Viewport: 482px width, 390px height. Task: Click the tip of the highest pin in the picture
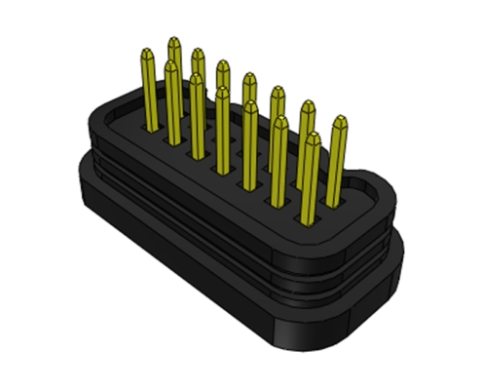(173, 42)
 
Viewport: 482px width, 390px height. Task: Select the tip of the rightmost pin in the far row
(339, 121)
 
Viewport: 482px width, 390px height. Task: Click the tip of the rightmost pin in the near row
(312, 137)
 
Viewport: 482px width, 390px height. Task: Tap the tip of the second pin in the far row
(199, 52)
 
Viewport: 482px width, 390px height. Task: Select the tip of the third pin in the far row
(223, 64)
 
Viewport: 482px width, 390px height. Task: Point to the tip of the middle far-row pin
(249, 77)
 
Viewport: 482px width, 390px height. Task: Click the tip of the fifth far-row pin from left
(278, 91)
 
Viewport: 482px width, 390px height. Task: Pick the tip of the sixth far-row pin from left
(307, 104)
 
